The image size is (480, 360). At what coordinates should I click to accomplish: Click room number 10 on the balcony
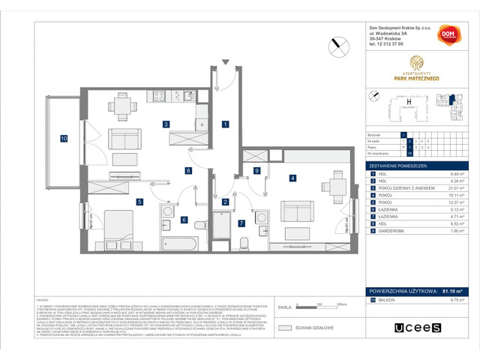tap(64, 139)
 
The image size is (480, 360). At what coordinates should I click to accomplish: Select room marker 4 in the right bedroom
tap(292, 178)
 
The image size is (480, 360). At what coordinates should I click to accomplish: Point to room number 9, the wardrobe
tap(256, 171)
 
